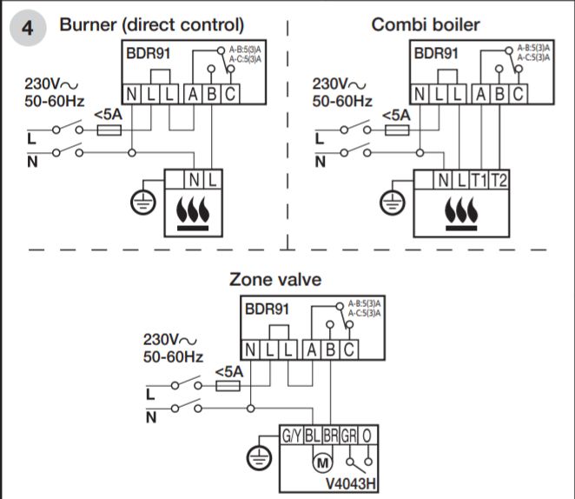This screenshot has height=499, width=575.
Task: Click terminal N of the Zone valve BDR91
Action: click(x=249, y=349)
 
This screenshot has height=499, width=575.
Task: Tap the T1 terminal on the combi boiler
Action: click(x=479, y=181)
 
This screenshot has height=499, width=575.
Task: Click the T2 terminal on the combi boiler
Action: click(x=498, y=181)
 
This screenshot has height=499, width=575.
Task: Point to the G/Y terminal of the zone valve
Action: click(x=290, y=436)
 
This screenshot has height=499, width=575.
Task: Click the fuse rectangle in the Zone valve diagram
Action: click(x=227, y=385)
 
